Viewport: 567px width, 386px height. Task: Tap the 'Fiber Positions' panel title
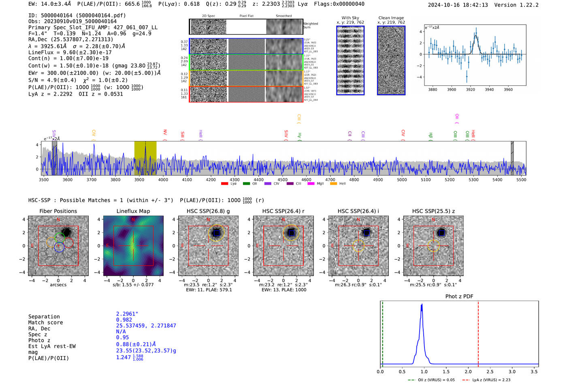tap(58, 211)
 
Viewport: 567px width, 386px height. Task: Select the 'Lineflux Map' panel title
tap(133, 211)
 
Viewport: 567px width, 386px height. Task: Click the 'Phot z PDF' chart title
tap(459, 296)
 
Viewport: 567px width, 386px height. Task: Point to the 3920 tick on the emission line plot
tap(470, 90)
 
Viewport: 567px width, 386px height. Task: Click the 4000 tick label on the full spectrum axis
tap(163, 179)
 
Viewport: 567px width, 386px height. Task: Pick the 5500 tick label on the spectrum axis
tap(521, 179)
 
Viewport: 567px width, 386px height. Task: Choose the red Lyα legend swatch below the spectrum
tap(224, 184)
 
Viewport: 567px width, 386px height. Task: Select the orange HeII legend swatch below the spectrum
tap(333, 184)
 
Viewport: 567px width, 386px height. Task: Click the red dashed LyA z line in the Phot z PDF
tap(478, 332)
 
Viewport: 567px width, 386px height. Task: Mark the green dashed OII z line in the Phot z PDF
tap(382, 332)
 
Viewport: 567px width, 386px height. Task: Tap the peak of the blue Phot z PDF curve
tap(422, 305)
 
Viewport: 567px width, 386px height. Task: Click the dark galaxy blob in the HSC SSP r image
tap(291, 232)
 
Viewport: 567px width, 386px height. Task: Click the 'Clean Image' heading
tap(391, 18)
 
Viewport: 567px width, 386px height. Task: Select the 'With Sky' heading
tap(350, 18)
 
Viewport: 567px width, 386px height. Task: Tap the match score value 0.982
tap(124, 320)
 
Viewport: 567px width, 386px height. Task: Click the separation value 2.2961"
tap(127, 314)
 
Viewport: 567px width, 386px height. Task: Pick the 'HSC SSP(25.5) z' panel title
tap(433, 211)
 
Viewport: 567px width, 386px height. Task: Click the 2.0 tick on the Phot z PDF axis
tap(468, 371)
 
